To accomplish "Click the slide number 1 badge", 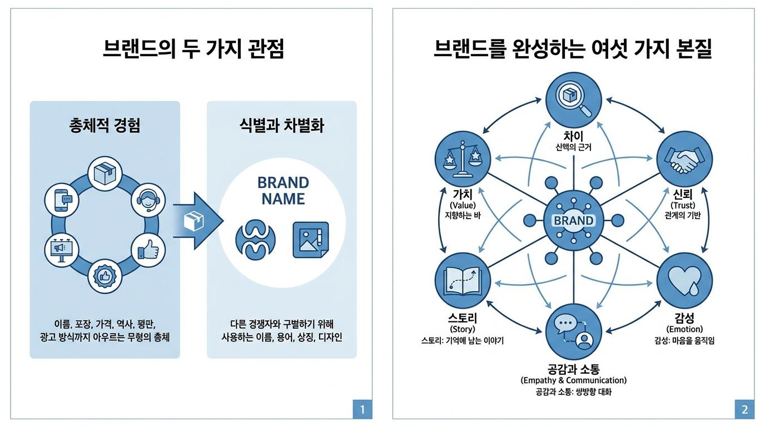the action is click(362, 409).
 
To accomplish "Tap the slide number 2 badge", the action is click(744, 409).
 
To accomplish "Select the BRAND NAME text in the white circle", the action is click(283, 191).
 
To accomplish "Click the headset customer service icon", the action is click(148, 201).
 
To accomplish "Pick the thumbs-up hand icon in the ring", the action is click(148, 250).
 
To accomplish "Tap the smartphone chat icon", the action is click(62, 201).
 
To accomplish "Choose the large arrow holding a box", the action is click(198, 221).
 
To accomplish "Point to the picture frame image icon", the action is click(311, 240).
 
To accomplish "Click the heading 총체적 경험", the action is click(105, 125).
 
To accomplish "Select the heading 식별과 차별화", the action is click(282, 125).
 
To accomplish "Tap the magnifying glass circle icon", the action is click(574, 100).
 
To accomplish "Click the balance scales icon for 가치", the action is click(463, 159).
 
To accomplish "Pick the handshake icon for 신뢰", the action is click(685, 159).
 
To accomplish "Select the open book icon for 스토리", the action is click(463, 281).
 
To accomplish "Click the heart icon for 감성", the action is click(685, 281).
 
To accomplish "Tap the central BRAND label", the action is click(573, 221).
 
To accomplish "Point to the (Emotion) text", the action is click(684, 329).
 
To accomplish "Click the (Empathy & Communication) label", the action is click(573, 380).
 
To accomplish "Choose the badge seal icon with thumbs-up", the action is click(105, 276).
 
